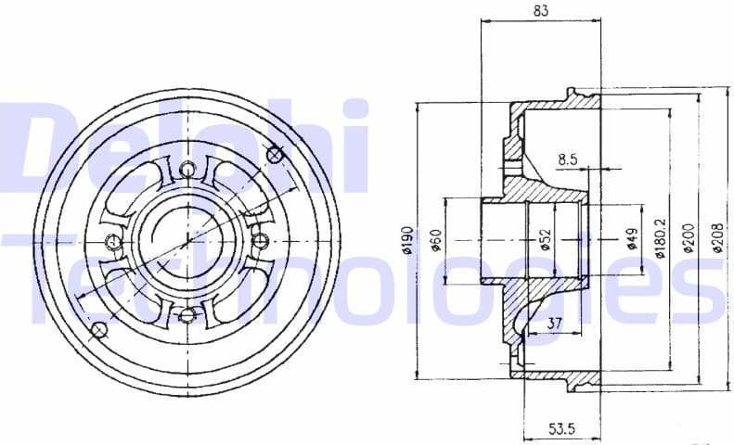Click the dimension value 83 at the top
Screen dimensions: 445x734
pos(541,11)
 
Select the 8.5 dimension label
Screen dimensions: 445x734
pos(568,159)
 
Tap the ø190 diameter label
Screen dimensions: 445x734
pos(406,240)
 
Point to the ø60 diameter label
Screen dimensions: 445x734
pos(435,240)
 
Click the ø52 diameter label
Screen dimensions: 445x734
pos(546,240)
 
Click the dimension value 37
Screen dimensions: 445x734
pos(554,323)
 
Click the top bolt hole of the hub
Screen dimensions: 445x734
pos(188,169)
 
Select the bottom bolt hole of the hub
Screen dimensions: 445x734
pos(188,315)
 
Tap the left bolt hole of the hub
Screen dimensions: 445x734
pos(114,242)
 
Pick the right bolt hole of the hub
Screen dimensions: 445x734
pos(261,241)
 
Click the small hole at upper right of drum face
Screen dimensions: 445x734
pos(276,155)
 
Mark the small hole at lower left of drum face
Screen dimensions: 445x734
pos(98,328)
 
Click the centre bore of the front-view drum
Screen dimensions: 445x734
pos(187,241)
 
